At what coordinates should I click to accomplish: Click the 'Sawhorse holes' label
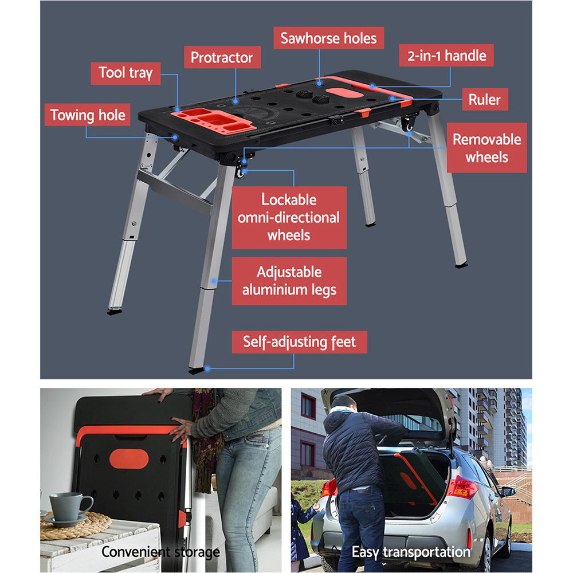[x=328, y=38]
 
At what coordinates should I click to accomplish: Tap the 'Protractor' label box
[x=222, y=57]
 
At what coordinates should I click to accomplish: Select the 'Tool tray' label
[x=125, y=73]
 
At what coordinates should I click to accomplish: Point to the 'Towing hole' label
[x=88, y=115]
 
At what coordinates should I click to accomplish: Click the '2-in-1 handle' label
[x=446, y=56]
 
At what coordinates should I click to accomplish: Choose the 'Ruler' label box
[x=484, y=99]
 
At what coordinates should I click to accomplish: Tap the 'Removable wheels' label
[x=486, y=148]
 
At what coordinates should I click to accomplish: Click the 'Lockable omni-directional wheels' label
[x=289, y=217]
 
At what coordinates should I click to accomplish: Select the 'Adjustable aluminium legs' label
[x=289, y=281]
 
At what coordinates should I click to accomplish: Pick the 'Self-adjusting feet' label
[x=299, y=342]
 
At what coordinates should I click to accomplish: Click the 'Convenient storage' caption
[x=160, y=552]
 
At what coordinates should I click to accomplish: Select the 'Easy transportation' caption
[x=411, y=552]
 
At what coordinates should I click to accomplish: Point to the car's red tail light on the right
[x=463, y=488]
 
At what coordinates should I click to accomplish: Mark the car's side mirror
[x=508, y=491]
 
